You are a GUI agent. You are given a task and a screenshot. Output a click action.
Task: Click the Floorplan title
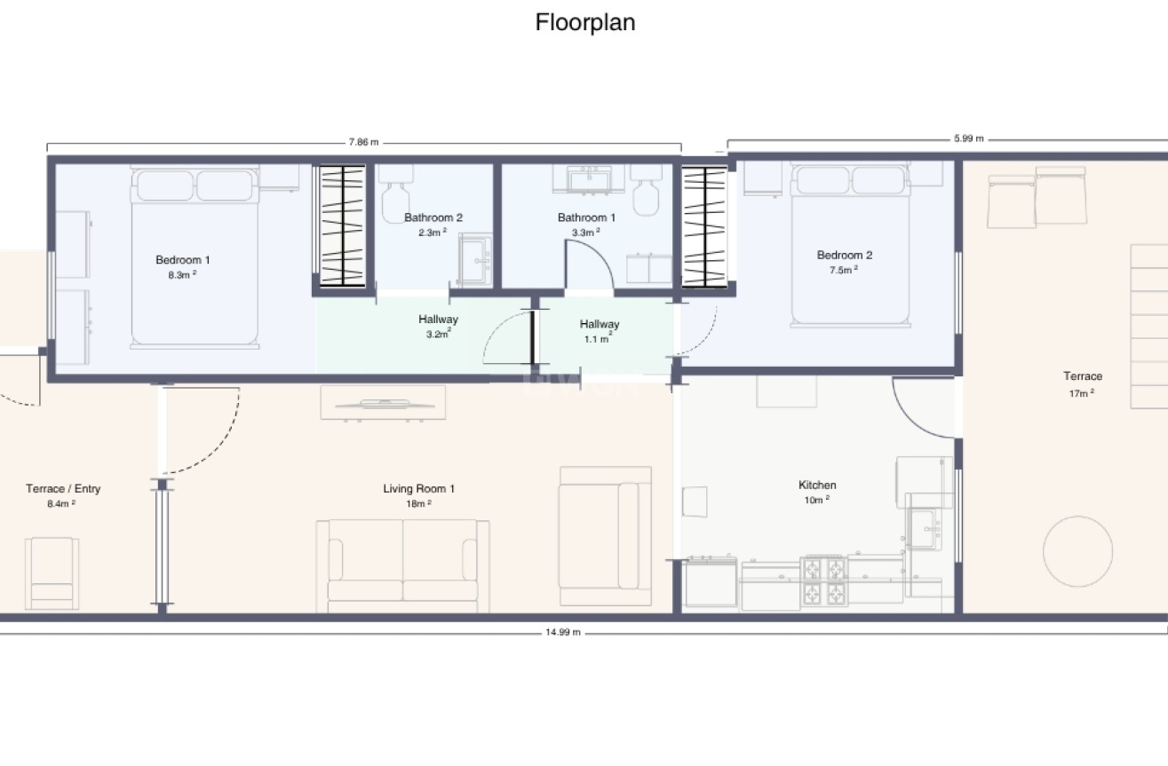585,23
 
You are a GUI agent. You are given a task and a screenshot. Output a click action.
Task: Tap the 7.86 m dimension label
363,142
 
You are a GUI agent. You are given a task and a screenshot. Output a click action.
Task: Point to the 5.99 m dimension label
969,138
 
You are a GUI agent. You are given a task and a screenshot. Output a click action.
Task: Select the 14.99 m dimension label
562,632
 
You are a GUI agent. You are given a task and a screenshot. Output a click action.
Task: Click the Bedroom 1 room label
182,259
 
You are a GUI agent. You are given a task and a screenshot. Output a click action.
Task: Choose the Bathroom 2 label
433,217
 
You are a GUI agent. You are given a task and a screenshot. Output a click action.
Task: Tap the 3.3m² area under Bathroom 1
585,233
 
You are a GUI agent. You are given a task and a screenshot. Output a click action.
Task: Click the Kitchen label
817,485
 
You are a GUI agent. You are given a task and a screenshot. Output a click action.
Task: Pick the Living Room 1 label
418,489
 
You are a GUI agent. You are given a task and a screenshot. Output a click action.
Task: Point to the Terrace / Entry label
63,489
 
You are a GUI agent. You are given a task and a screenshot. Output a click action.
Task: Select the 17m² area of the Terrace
1082,393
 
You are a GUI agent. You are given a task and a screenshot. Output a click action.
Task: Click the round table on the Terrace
1077,551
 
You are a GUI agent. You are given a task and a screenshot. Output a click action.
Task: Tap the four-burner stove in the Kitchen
824,581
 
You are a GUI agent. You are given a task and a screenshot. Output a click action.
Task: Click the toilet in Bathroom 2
395,193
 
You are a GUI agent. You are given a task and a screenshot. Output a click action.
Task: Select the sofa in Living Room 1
402,566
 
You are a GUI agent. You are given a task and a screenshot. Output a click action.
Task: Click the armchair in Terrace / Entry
52,573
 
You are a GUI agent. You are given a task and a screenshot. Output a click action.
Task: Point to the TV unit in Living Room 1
383,403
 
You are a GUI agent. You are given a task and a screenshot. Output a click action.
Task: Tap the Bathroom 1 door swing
590,265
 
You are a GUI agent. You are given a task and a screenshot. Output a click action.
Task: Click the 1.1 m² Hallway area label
598,339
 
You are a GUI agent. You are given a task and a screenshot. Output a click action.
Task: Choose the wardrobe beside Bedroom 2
704,226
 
